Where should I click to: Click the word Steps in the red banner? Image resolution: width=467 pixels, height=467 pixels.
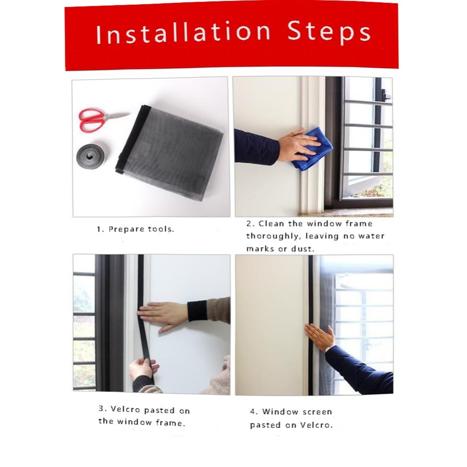pos(329,33)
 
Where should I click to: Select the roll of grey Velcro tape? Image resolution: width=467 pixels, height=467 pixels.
pos(90,156)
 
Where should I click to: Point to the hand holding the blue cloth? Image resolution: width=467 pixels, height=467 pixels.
pos(298,144)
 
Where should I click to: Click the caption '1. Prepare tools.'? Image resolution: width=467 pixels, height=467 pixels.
pos(135,229)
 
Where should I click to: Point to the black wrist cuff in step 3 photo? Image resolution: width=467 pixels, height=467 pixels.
pos(197,311)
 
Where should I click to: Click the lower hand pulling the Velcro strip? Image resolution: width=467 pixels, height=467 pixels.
pos(143,369)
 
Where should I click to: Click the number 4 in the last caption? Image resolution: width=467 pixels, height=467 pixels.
pos(254,412)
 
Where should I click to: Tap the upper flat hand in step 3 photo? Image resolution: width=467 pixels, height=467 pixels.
pos(163,316)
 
